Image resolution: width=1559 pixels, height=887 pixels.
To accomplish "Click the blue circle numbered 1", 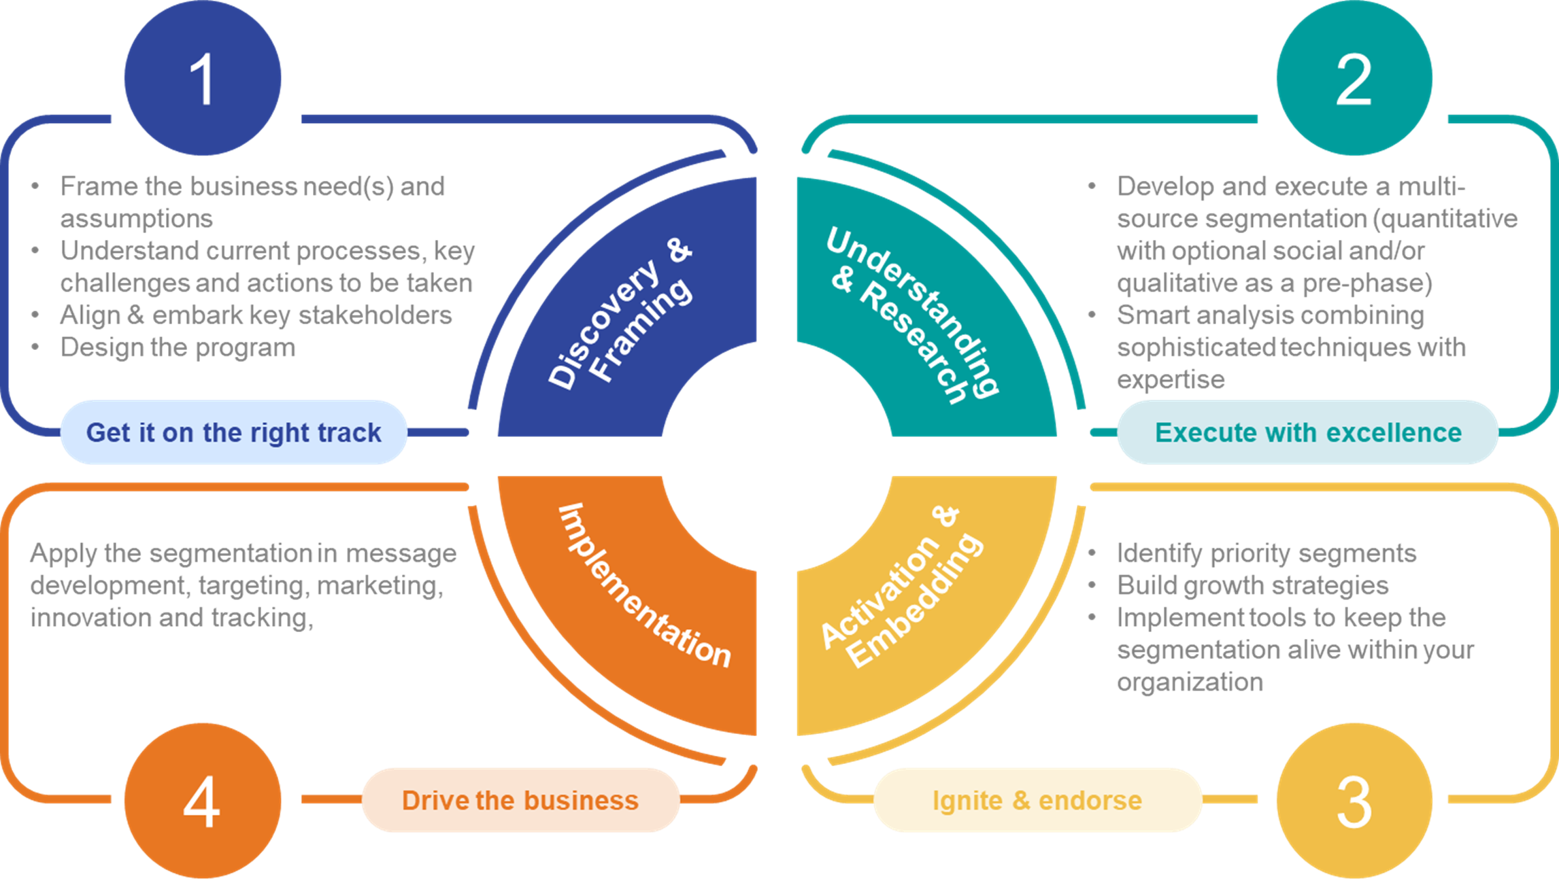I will [x=202, y=78].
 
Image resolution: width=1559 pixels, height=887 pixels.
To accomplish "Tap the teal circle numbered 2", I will [x=1354, y=78].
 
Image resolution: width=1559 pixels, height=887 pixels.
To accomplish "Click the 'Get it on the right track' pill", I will [x=233, y=432].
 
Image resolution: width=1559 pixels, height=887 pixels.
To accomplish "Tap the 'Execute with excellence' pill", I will [x=1307, y=432].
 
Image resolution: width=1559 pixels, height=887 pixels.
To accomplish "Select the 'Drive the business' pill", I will [x=520, y=800].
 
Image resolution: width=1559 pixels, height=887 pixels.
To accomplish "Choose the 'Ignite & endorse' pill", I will [x=1037, y=800].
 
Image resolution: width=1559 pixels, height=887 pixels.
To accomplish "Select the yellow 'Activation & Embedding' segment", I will [x=911, y=598].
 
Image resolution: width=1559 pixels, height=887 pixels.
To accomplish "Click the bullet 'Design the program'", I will [x=178, y=348].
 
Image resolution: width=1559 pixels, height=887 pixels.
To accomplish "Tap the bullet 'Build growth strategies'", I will [x=1252, y=586].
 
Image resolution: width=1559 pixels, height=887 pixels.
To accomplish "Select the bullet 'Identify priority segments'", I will [x=1266, y=553].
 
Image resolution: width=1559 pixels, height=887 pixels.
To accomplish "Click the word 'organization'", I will [x=1190, y=682].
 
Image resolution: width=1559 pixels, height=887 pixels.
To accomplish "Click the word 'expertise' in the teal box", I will [x=1170, y=380].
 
